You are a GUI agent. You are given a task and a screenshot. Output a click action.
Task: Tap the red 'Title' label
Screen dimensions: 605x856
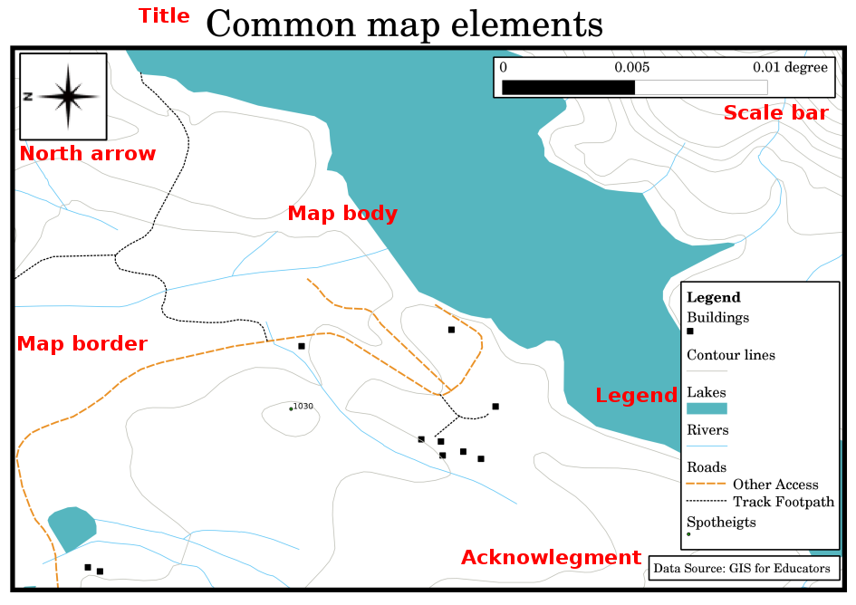click(x=164, y=16)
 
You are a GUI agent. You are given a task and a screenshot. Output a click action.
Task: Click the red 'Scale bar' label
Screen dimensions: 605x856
click(x=775, y=113)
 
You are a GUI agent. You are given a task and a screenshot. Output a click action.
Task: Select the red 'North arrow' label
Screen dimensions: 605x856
click(x=88, y=154)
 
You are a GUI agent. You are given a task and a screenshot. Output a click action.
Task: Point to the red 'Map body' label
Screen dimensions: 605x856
click(x=342, y=214)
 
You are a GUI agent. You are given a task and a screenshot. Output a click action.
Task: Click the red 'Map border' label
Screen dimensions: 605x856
click(x=82, y=344)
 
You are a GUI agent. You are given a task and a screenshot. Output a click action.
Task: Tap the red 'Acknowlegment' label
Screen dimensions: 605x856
click(x=551, y=558)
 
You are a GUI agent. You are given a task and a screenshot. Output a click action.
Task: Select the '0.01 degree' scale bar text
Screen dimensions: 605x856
click(x=790, y=68)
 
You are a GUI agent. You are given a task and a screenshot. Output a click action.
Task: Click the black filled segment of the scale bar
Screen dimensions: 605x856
click(x=568, y=87)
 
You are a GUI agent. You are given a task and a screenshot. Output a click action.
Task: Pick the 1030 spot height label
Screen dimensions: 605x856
click(x=303, y=407)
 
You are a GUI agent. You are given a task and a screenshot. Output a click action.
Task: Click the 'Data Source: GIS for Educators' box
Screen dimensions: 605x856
click(x=741, y=569)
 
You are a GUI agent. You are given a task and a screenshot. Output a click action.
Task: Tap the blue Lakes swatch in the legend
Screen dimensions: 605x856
click(x=707, y=409)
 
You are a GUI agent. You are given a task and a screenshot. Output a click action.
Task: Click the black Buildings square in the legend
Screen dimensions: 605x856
click(x=690, y=332)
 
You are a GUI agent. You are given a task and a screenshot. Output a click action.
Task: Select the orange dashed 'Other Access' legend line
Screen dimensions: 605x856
click(x=707, y=485)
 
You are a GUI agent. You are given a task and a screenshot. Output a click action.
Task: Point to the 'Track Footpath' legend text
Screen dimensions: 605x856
click(x=784, y=502)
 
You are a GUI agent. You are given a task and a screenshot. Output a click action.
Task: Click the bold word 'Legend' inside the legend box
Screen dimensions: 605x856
click(x=714, y=297)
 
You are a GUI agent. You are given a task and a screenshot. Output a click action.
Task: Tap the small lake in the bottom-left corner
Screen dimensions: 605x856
click(x=72, y=528)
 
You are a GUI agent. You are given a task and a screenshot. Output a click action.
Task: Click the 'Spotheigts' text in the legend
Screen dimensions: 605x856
click(x=721, y=523)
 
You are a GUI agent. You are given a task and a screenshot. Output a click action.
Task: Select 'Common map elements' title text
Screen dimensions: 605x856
click(x=404, y=24)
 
